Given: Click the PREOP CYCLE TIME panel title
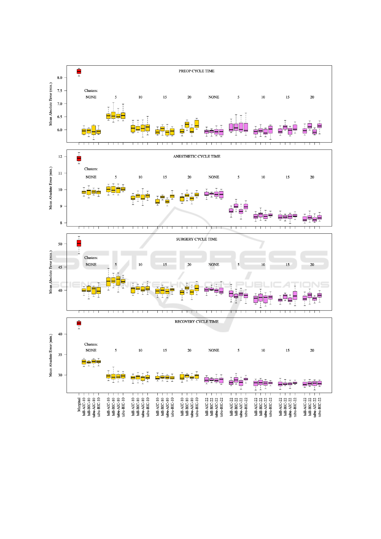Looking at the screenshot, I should point(196,71).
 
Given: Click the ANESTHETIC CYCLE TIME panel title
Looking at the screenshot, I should point(196,157).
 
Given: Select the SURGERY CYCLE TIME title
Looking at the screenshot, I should point(196,239).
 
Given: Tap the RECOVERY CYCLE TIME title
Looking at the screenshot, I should point(196,322).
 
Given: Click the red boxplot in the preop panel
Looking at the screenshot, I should point(79,71).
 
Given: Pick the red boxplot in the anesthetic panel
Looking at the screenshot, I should point(79,158).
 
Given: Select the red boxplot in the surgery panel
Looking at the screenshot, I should point(79,244).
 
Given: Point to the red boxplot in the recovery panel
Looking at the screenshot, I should point(79,323).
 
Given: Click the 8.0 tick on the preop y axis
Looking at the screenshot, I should point(60,78).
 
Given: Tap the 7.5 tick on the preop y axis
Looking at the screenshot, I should point(60,91).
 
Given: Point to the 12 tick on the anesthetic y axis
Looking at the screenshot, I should point(60,157).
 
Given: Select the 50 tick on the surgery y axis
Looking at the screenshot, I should point(60,244).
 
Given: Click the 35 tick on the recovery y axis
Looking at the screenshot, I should point(60,355).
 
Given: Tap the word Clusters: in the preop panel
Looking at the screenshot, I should point(91,91).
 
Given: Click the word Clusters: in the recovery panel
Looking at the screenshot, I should point(91,344).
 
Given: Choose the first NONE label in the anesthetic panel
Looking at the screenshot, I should point(91,177).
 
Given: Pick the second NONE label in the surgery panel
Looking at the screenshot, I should point(214,265).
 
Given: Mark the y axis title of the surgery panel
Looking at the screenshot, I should point(51,272).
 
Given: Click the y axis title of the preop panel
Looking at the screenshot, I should point(51,104).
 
